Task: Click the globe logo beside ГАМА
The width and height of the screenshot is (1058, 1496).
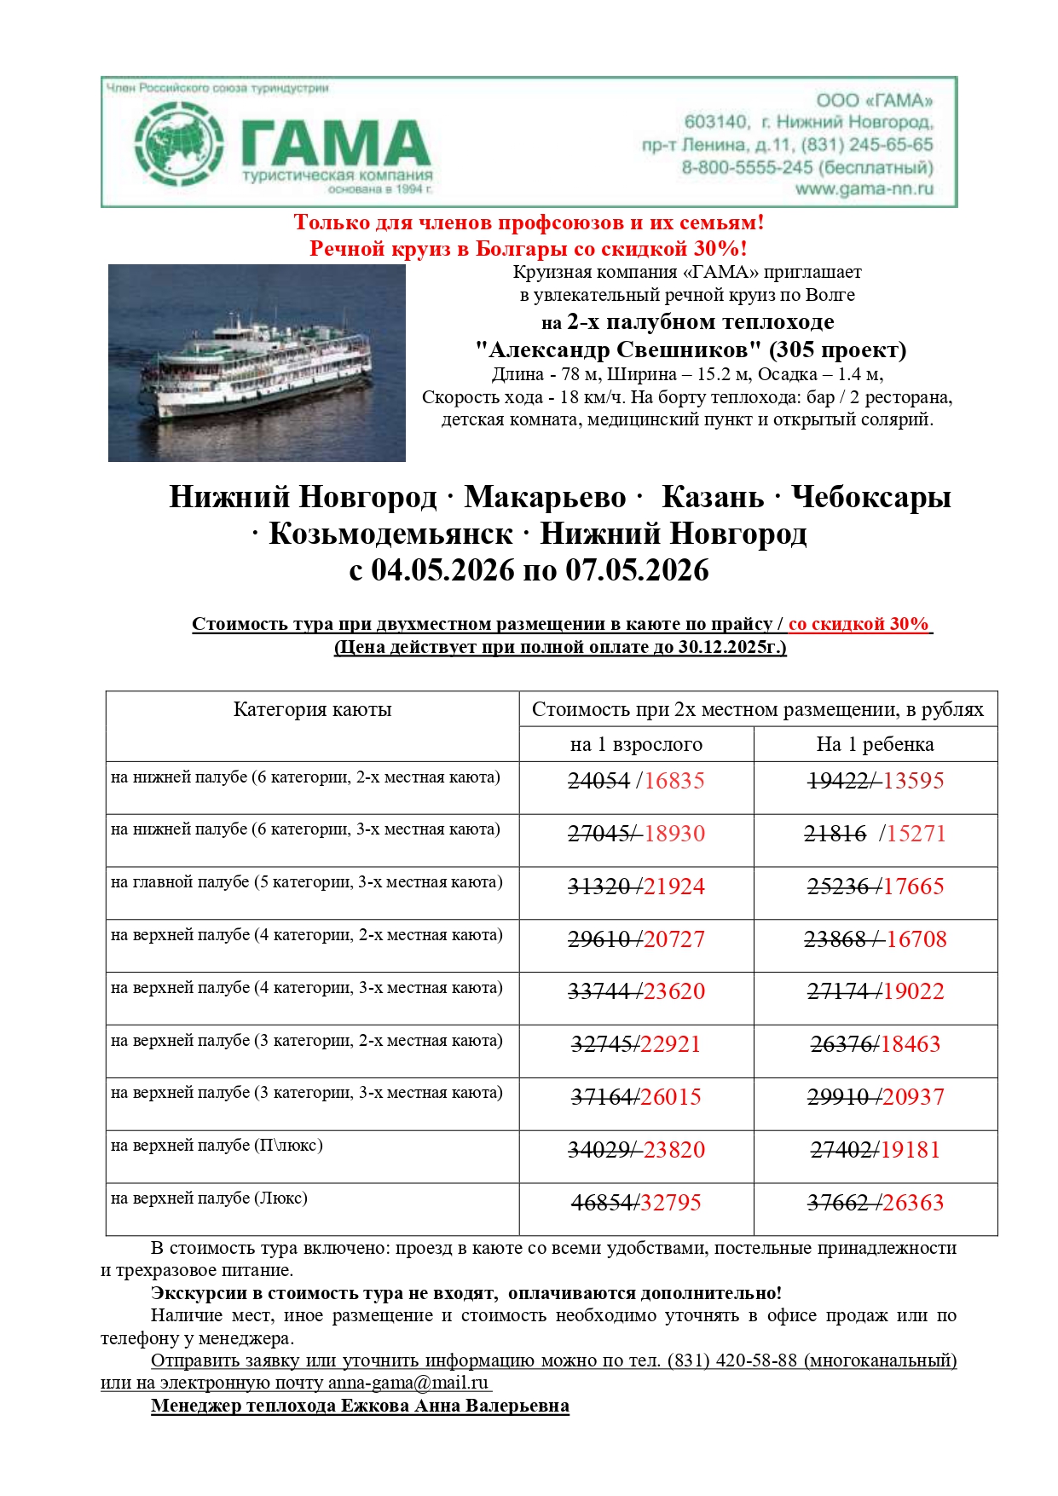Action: [x=180, y=144]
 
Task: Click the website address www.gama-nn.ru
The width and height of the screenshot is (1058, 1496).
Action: [x=864, y=189]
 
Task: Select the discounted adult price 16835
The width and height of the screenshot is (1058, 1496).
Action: [x=674, y=781]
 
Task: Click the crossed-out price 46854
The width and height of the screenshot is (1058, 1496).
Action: [x=603, y=1203]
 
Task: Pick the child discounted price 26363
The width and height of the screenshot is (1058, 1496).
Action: [x=913, y=1203]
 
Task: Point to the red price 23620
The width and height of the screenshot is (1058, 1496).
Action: [x=674, y=991]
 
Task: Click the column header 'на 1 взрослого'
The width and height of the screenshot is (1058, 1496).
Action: [x=636, y=744]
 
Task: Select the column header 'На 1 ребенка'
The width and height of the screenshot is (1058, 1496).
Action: [x=875, y=744]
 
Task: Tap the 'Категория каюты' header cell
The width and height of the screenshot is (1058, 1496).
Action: [x=312, y=710]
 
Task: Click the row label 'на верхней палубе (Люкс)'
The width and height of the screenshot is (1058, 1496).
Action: [x=209, y=1199]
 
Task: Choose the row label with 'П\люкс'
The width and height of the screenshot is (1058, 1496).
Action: [x=217, y=1146]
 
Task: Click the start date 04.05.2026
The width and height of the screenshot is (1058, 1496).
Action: [x=442, y=569]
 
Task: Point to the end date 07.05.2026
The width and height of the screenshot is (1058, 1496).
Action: [x=637, y=569]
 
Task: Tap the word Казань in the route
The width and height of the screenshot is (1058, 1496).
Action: [x=713, y=496]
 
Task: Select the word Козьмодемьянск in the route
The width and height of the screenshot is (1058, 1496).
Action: [x=390, y=534]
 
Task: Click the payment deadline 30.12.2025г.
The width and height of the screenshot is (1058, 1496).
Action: [x=731, y=647]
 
